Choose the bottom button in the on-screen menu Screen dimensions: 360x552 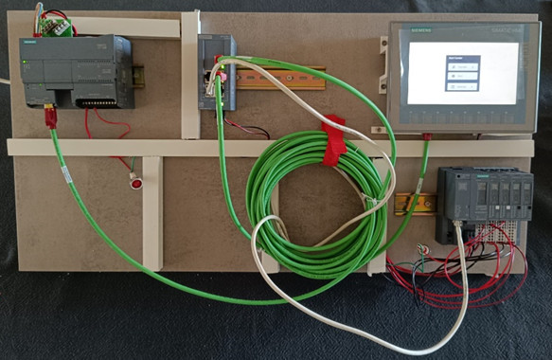(463, 86)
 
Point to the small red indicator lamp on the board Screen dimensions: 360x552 (136, 182)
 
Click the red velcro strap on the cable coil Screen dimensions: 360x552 (334, 140)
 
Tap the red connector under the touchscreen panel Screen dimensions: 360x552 (427, 138)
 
